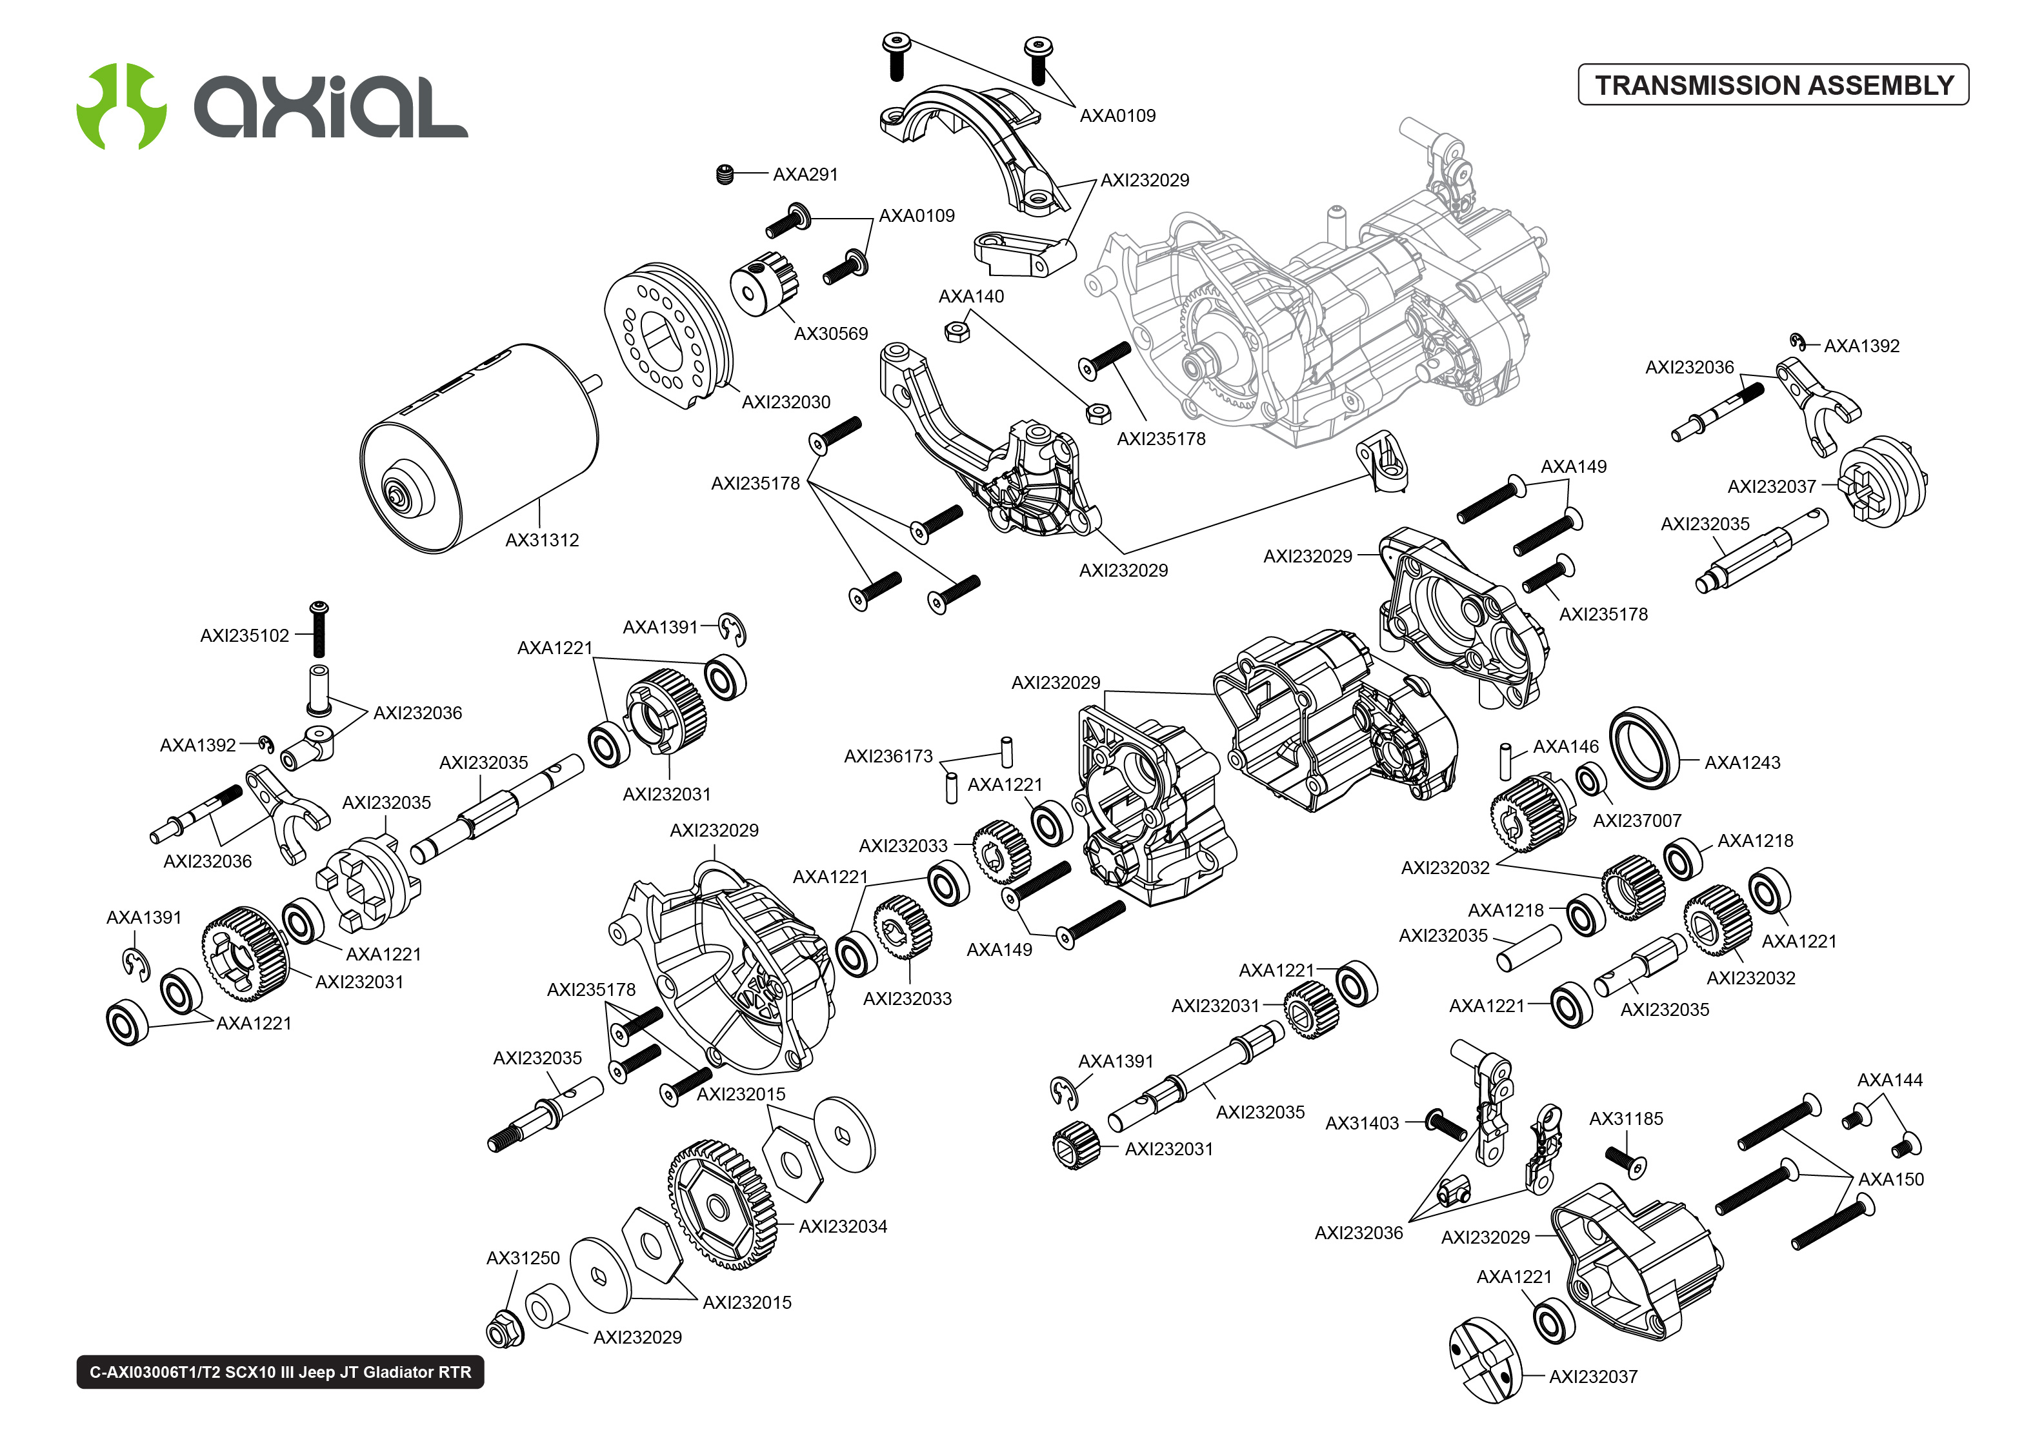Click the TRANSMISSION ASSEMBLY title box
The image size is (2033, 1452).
pos(1773,85)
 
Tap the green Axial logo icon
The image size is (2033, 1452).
pos(121,106)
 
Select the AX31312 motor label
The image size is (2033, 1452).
pos(542,540)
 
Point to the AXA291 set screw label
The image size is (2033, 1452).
pos(805,174)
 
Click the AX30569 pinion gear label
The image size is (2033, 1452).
pos(830,333)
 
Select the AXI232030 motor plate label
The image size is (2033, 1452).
pos(786,403)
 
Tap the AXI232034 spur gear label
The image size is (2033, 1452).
pos(842,1227)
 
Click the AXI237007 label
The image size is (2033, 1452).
pos(1636,820)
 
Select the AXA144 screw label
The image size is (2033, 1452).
pos(1889,1080)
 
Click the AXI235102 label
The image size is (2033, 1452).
pos(244,636)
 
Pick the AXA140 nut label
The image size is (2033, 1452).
pos(971,296)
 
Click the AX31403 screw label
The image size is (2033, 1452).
pos(1361,1123)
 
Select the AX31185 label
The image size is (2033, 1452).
pos(1625,1119)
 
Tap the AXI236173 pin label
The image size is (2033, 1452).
pos(888,757)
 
